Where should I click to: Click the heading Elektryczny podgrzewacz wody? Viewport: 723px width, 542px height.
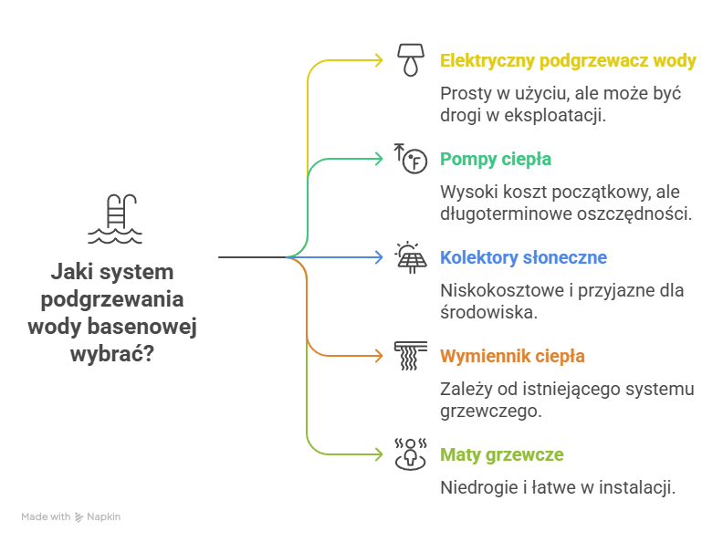pos(568,61)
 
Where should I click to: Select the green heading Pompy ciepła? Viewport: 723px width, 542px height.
pos(496,160)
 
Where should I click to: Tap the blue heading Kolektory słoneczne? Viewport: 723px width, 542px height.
pos(523,258)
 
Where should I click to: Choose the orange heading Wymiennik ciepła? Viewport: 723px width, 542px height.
pos(512,357)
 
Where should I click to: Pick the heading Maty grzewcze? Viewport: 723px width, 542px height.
pos(501,455)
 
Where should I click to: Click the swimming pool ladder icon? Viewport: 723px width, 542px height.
pos(115,220)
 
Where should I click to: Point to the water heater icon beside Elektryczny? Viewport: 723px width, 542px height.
pos(411,61)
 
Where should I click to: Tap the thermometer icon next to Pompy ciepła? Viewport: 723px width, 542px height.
pos(411,159)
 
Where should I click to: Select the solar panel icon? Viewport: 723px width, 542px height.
pos(411,257)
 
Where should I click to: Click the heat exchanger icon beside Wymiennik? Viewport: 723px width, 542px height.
pos(411,356)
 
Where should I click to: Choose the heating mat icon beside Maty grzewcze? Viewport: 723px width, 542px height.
pos(411,454)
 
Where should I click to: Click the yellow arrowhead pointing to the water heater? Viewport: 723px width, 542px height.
pos(379,61)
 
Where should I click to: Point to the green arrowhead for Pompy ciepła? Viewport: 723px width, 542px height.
pos(379,160)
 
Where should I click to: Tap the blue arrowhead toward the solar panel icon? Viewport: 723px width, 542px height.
pos(379,258)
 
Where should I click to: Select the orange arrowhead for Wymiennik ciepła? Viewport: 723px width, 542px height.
pos(379,357)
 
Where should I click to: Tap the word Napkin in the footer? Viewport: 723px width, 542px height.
pos(103,517)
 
